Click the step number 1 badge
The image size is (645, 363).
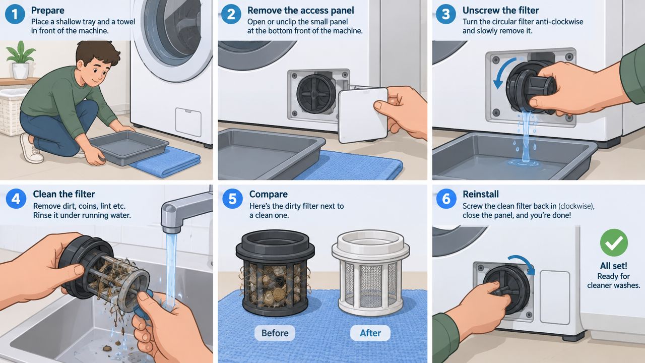pos(15,14)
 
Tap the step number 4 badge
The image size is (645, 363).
pos(16,199)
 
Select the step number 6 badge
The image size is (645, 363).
pos(446,199)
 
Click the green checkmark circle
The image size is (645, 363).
pos(614,243)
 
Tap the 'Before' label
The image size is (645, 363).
pos(275,333)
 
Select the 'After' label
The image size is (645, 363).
pos(370,333)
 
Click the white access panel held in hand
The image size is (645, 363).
pos(363,115)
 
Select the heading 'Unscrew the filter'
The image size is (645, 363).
pos(500,11)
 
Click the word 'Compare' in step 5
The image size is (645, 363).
pos(269,195)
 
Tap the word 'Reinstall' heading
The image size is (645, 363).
pos(481,194)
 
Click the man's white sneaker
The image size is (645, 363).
pos(31,148)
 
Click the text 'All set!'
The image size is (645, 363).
pos(614,266)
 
